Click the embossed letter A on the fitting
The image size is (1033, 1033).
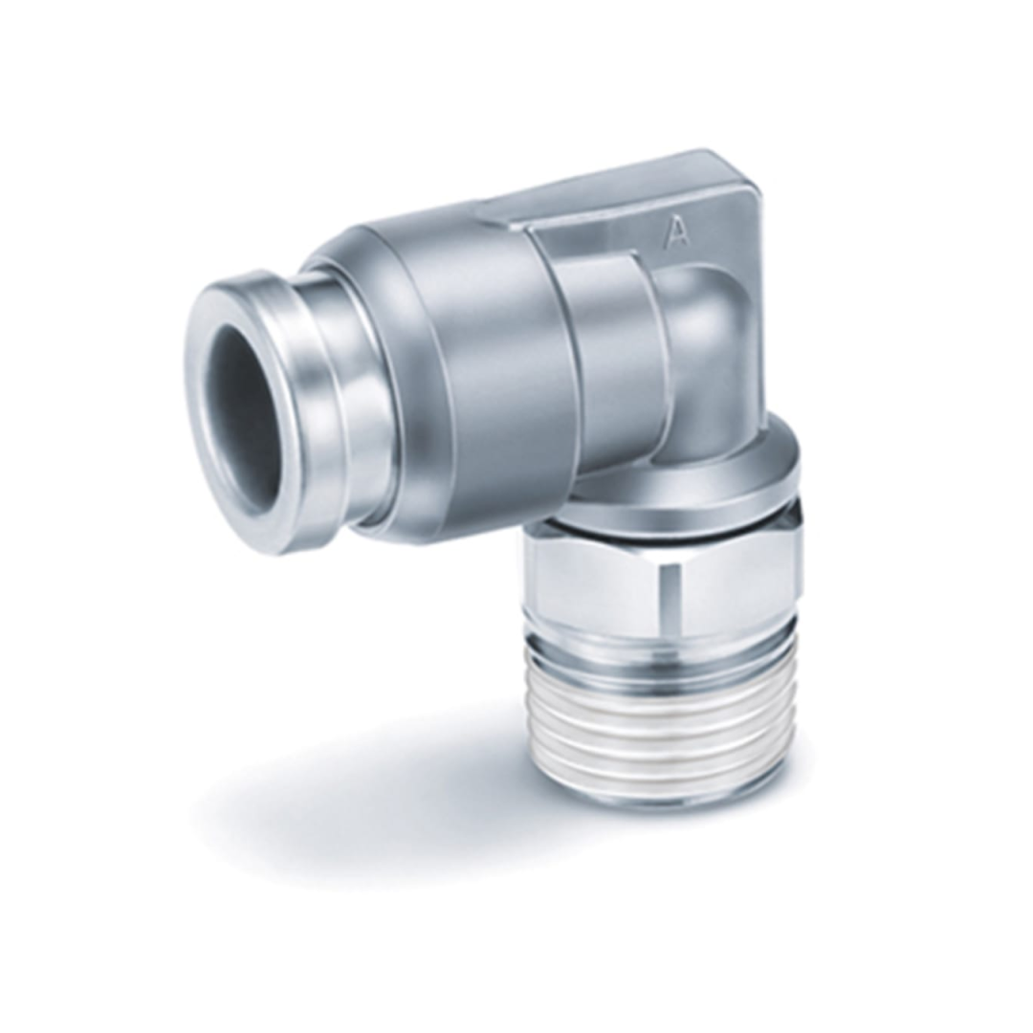677,231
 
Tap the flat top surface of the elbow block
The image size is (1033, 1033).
612,187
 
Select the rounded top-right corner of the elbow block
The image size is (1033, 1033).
741,172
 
